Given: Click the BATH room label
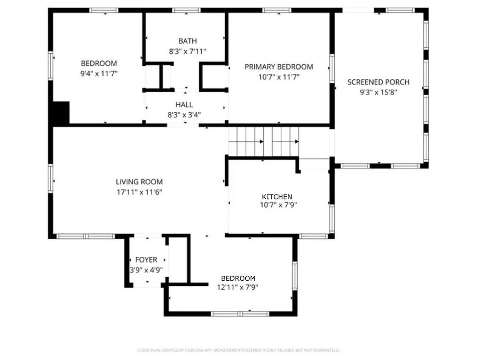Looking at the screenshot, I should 188,41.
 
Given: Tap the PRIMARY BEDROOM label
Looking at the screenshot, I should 279,67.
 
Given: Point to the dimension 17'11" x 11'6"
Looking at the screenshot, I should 139,192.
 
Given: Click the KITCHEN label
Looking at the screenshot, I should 277,197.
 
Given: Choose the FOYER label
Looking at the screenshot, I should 146,259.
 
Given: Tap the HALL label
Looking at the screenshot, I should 184,105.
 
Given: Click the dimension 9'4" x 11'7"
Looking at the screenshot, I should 99,73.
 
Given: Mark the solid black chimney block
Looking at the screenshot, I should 61,113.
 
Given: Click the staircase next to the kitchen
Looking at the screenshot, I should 264,142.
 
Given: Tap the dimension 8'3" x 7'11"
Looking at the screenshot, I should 188,51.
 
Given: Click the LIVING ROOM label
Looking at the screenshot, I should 139,182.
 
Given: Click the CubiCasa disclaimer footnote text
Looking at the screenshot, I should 238,350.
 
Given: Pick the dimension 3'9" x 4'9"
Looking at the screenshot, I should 146,270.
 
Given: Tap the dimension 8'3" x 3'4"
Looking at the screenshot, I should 184,114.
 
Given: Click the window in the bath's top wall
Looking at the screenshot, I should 186,10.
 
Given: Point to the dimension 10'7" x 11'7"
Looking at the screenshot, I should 279,77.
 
